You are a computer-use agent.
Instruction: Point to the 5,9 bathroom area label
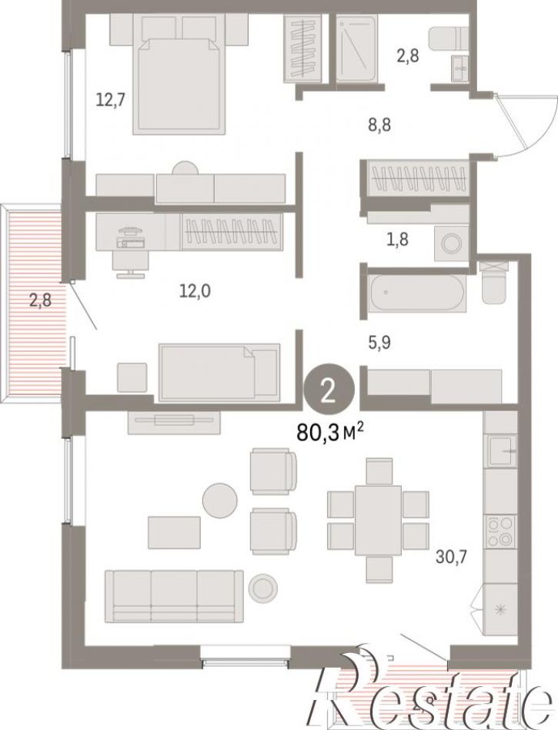coord(377,343)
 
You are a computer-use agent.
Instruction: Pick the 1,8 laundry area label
coord(396,239)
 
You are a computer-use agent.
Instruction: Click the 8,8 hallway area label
coord(379,125)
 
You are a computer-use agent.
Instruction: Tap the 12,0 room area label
coord(195,291)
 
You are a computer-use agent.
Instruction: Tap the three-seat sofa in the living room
coord(174,595)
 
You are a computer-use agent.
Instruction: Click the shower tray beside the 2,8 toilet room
coord(357,49)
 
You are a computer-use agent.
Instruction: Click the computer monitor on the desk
coord(130,230)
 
